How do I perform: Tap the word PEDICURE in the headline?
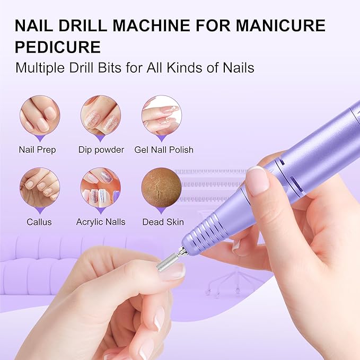[58, 47]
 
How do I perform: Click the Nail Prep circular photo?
[40, 115]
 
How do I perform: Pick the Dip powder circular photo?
[101, 115]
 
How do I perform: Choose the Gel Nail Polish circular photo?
[162, 115]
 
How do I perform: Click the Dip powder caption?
[101, 150]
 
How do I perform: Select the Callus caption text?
[40, 222]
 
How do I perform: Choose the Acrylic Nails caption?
[101, 222]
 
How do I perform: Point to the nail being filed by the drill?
[174, 271]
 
